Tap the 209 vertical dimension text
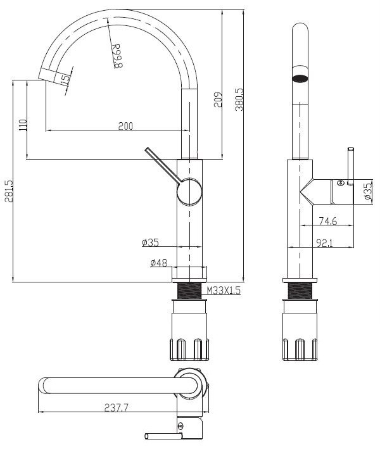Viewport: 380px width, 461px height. tap(217, 99)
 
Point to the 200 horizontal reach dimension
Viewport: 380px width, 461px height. tap(125, 126)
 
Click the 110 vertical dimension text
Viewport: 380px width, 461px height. tap(23, 125)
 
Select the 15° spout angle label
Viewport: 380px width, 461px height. tap(65, 79)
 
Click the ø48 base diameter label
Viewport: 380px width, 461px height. tap(158, 263)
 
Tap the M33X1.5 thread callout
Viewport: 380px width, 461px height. tap(224, 291)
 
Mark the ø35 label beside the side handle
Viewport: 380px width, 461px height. tap(367, 192)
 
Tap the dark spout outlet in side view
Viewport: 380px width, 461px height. tap(299, 79)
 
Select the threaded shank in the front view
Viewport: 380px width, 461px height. tap(188, 292)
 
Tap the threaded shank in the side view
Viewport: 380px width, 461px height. tap(299, 292)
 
